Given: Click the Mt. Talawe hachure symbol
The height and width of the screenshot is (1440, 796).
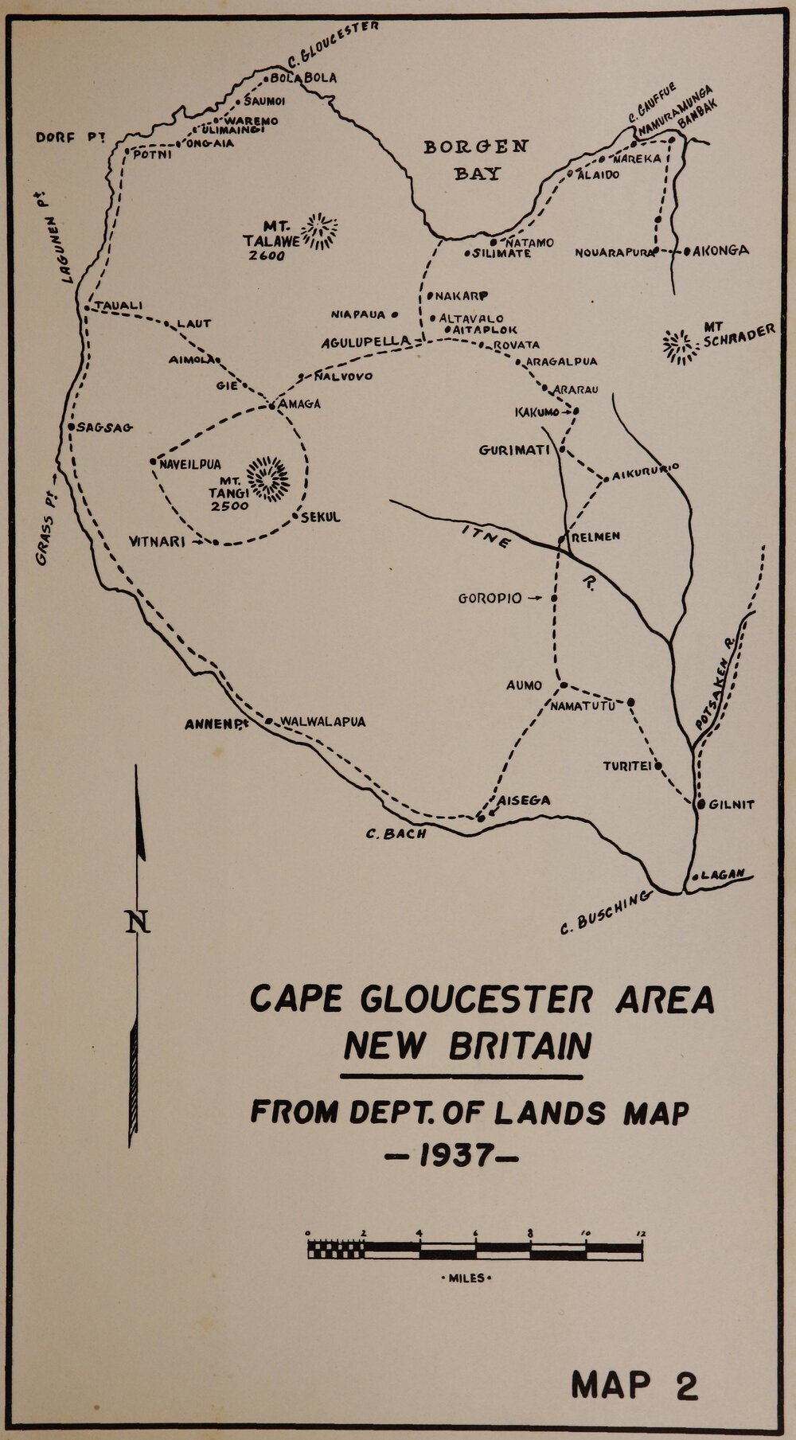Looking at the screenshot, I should tap(322, 232).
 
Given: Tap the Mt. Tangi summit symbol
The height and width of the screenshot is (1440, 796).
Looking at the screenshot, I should tap(268, 478).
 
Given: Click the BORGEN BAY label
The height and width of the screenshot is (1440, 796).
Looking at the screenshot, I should tap(475, 159).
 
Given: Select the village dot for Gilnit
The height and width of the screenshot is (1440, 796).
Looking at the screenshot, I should tap(700, 804).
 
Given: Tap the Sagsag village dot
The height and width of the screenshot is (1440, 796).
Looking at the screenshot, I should tap(71, 427).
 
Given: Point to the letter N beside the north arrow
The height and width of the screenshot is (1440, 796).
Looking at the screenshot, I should tap(139, 922).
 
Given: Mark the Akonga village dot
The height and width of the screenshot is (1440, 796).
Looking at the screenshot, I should tap(686, 251).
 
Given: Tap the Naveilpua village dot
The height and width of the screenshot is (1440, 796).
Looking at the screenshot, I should tap(152, 461).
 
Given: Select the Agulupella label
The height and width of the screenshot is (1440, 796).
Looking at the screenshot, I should tap(365, 342).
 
